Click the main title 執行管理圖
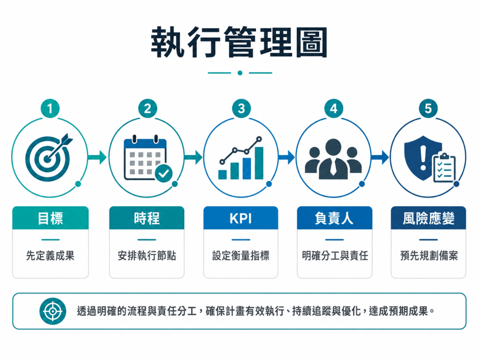(x=240, y=42)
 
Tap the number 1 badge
(x=50, y=108)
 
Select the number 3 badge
(x=241, y=108)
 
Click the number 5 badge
(x=428, y=108)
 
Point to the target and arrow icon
(x=49, y=157)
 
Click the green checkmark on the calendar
(x=164, y=173)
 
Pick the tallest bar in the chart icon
(x=259, y=163)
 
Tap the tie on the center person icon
(x=333, y=167)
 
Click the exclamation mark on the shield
(x=423, y=157)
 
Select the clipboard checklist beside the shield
(x=444, y=167)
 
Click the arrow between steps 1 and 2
(x=97, y=157)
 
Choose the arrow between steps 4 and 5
(x=380, y=157)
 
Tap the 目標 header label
(x=50, y=218)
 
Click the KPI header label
(x=240, y=218)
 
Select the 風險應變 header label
(x=428, y=218)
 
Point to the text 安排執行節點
(x=147, y=255)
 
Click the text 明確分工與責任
(x=335, y=255)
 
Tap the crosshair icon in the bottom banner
(x=52, y=311)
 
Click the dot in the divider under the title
(x=240, y=73)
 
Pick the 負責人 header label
(x=334, y=218)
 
